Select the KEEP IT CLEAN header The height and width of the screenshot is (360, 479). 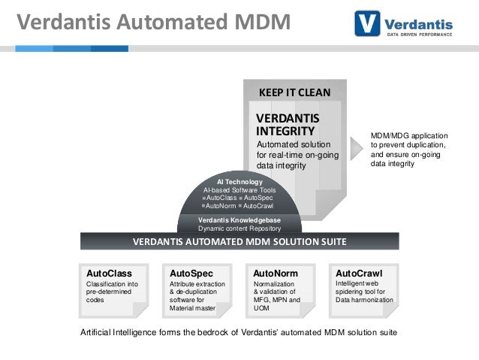coord(294,92)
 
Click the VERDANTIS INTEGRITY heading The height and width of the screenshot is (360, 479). coord(287,126)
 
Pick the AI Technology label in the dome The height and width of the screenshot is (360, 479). coord(239,182)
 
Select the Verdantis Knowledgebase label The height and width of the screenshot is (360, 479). coord(239,219)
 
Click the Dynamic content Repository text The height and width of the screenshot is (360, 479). coord(239,228)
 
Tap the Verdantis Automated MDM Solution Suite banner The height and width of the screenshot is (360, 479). coord(239,242)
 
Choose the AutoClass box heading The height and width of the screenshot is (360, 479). coord(110,273)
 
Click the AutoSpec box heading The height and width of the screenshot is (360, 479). coord(191,273)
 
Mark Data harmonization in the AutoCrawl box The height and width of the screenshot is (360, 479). coord(364,299)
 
